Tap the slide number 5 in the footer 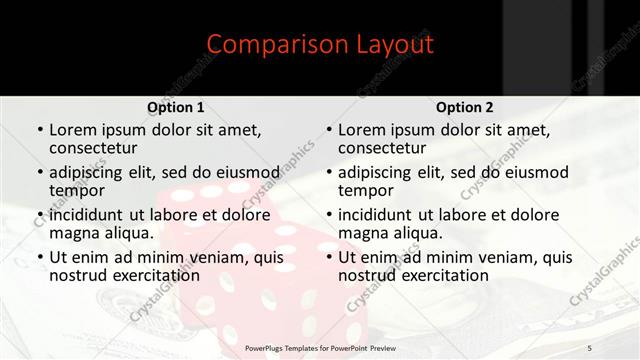tap(590, 347)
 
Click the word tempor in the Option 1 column tap(75, 190)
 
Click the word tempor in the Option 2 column tap(364, 190)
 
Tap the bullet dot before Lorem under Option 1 tap(39, 130)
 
